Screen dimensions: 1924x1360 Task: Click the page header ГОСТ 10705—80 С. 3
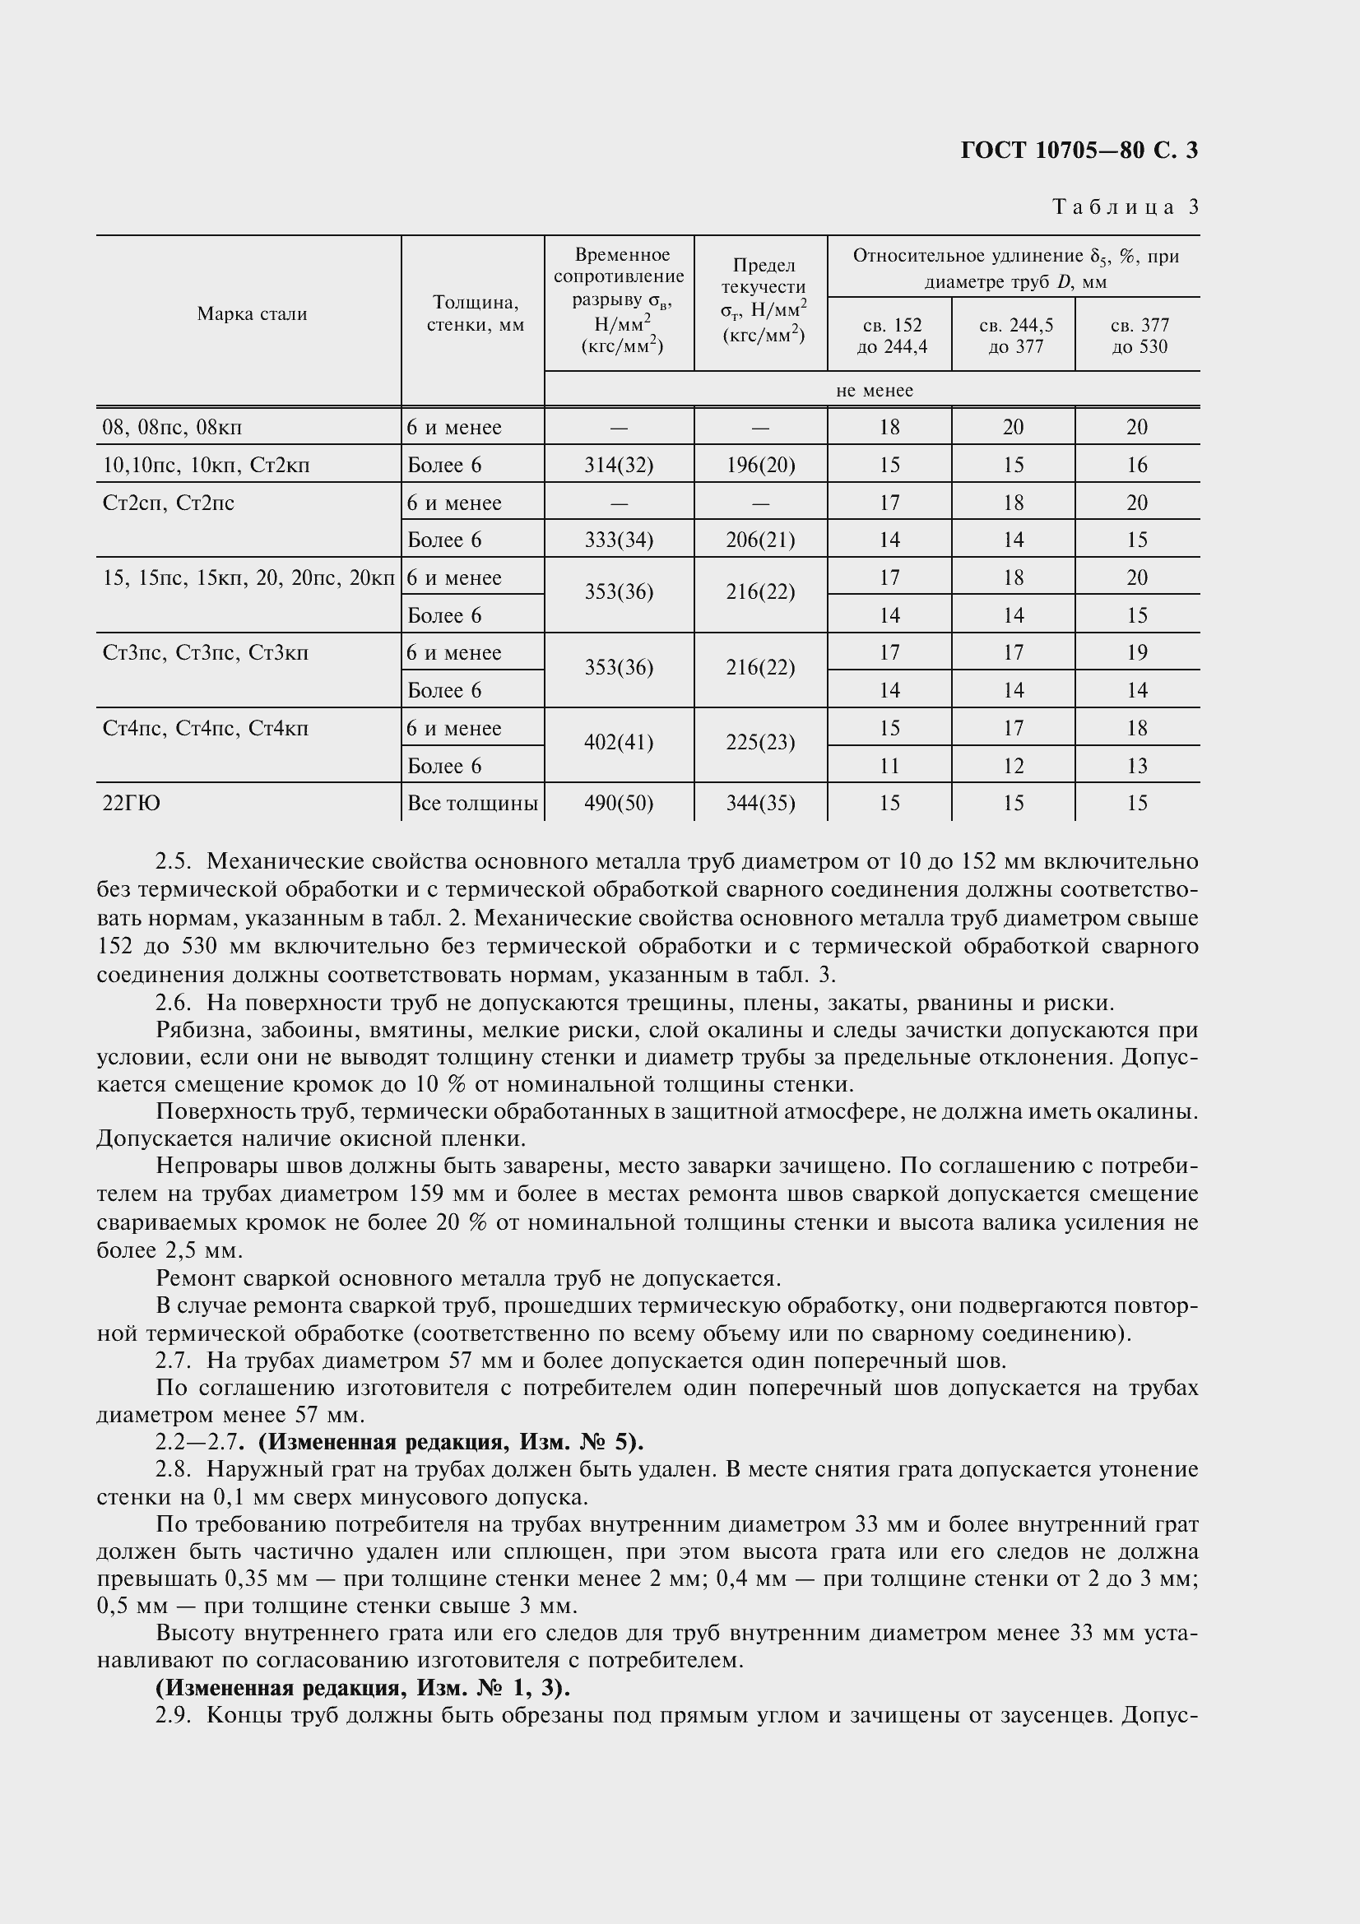pyautogui.click(x=1079, y=151)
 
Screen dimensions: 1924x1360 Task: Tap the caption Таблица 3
pyautogui.click(x=1126, y=207)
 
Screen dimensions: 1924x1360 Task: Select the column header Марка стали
pyautogui.click(x=252, y=314)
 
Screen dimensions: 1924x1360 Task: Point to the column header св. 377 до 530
pyautogui.click(x=1139, y=335)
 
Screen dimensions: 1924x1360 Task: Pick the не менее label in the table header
pyautogui.click(x=874, y=391)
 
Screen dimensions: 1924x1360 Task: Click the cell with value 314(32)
pyautogui.click(x=619, y=465)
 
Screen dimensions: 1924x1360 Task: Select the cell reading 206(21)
pyautogui.click(x=760, y=540)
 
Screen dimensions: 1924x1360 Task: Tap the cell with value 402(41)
pyautogui.click(x=619, y=744)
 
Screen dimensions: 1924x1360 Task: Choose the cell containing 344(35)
pyautogui.click(x=760, y=804)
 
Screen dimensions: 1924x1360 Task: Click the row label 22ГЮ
pyautogui.click(x=132, y=804)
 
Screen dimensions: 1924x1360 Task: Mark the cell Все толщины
pyautogui.click(x=471, y=804)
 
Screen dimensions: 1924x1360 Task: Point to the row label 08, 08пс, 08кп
pyautogui.click(x=172, y=429)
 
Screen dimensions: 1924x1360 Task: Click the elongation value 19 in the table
pyautogui.click(x=1136, y=653)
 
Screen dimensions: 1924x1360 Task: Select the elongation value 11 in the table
pyautogui.click(x=889, y=766)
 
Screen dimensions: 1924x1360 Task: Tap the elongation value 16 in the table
pyautogui.click(x=1136, y=465)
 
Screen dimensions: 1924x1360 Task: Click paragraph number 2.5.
pyautogui.click(x=174, y=861)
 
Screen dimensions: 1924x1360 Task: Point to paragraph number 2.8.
pyautogui.click(x=174, y=1470)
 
